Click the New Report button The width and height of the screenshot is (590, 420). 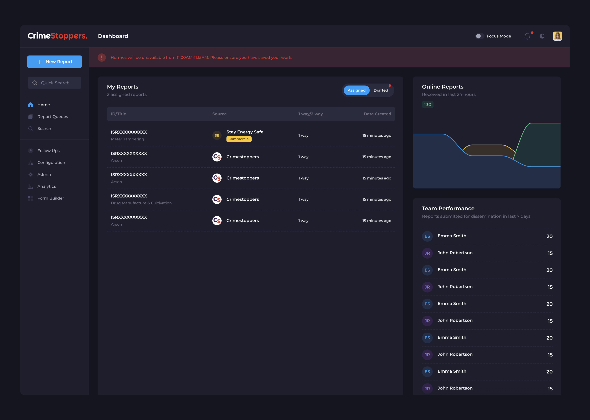pos(54,62)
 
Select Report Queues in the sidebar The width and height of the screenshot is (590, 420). pos(53,117)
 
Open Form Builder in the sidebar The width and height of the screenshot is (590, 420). pos(50,198)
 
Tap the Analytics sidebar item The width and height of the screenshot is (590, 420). pos(47,186)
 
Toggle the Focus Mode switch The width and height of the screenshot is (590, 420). pos(479,36)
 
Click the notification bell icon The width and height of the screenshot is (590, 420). pos(527,36)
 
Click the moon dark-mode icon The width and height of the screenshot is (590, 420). pos(542,36)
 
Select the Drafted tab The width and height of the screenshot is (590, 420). pos(381,90)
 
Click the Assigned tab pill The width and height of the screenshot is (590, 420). pos(356,90)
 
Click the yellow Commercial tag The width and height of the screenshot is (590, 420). pos(239,139)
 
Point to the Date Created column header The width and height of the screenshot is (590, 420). pos(377,114)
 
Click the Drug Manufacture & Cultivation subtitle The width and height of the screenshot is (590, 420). pos(141,203)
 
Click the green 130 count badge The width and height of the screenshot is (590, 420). pos(427,104)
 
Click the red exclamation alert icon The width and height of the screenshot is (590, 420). pos(102,57)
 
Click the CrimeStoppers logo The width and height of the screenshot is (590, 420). pos(58,36)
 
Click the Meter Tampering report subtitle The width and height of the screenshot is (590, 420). pos(127,139)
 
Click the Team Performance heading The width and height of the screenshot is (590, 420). pos(448,209)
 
